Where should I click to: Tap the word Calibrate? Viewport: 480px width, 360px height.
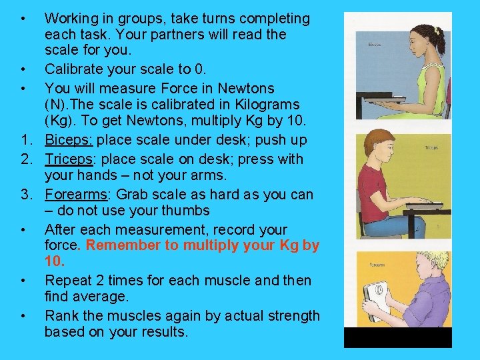[73, 69]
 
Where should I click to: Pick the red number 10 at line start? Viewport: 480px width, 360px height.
[54, 262]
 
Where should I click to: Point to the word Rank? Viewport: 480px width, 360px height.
[61, 315]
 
